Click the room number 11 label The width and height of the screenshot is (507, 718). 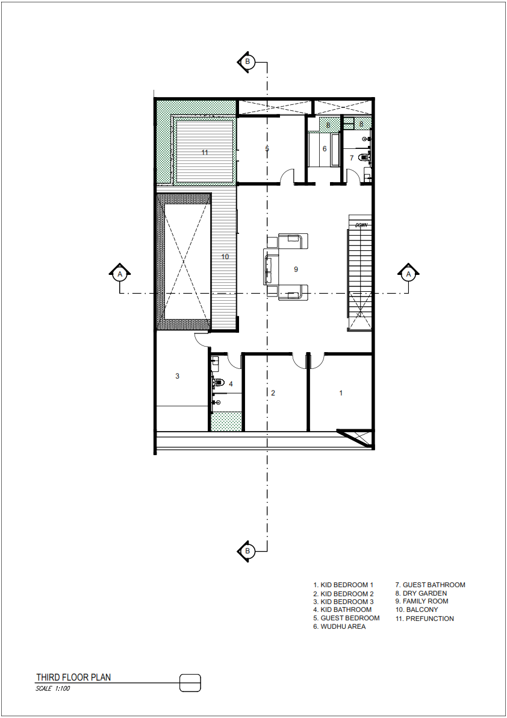[205, 153]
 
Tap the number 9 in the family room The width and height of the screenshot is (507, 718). [296, 269]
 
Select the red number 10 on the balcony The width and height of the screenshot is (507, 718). [225, 257]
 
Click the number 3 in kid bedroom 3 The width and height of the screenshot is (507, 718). [177, 376]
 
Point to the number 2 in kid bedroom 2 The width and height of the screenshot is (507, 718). [273, 393]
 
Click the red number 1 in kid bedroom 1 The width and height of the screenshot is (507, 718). [341, 393]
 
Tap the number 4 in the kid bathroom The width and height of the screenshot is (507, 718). [230, 383]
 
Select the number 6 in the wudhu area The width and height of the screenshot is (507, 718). [324, 148]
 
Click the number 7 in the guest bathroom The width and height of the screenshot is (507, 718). [352, 158]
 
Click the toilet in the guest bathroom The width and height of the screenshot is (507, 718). [363, 158]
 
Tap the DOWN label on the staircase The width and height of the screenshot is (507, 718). [361, 225]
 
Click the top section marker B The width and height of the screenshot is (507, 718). [247, 61]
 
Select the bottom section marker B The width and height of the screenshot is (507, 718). [247, 550]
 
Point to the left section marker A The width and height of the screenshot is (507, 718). [120, 274]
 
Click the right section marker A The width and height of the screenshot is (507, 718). [408, 274]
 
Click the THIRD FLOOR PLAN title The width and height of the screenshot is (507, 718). [73, 678]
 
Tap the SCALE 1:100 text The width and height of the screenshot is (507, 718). [54, 688]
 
